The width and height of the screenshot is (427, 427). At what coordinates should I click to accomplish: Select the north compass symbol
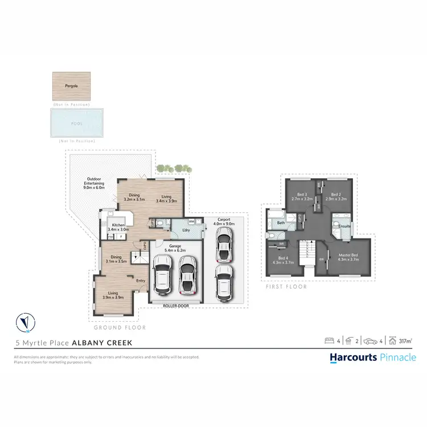coord(25,323)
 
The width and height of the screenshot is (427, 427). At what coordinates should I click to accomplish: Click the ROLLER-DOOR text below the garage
coord(175,306)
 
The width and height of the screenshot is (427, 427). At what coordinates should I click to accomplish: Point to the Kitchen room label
coord(118,226)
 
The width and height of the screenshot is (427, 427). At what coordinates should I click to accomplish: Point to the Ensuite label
coord(344,225)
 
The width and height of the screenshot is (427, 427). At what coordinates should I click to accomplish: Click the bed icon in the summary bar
coord(329,341)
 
